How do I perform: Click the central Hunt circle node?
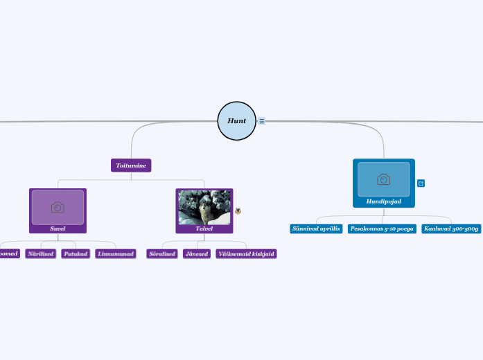coord(236,120)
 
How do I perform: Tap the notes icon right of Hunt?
coord(262,121)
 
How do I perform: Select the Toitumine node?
coord(131,165)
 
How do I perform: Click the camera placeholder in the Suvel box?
coord(58,207)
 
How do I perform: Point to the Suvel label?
coord(58,228)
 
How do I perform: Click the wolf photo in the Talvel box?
coord(204,207)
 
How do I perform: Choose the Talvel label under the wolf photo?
coord(204,228)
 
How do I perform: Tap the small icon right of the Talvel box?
coord(238,210)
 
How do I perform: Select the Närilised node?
coord(40,254)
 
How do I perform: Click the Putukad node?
coord(76,254)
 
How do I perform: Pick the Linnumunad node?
coord(115,254)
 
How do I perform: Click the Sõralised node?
coord(162,254)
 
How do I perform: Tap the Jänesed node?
coord(197,254)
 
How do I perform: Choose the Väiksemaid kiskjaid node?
coord(246,254)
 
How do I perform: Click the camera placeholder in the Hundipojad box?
coord(383,179)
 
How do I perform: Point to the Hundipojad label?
coord(383,201)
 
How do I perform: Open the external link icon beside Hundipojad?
coord(421,183)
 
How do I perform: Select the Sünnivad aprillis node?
coord(316,228)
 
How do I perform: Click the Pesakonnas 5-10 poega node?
coord(382,228)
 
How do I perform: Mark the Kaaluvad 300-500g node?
coord(451,228)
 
